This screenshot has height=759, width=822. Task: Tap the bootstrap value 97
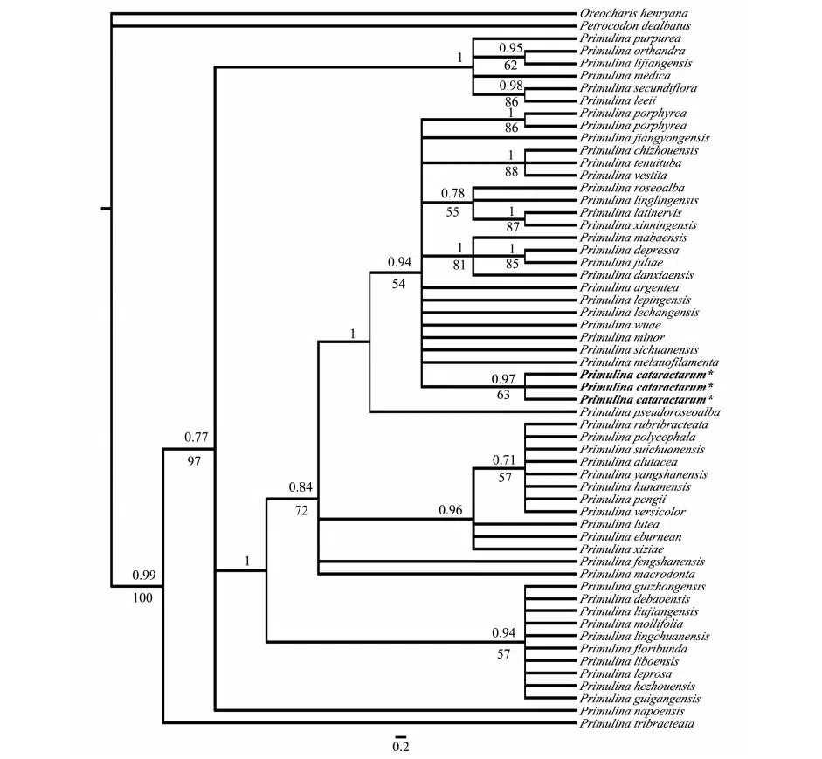pos(194,460)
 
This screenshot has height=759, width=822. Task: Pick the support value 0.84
pos(300,486)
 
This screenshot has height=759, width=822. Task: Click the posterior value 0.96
pos(451,510)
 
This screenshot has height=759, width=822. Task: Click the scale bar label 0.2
pos(401,746)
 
